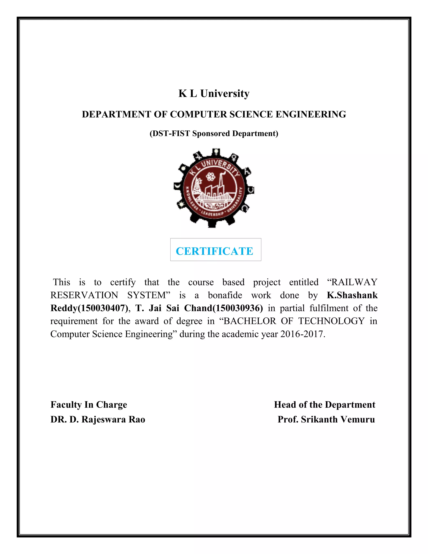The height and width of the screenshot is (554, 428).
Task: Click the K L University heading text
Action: pos(214,94)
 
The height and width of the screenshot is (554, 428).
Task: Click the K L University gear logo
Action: pos(214,188)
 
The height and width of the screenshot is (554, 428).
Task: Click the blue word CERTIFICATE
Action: pos(214,251)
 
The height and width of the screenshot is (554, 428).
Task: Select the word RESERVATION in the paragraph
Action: pos(84,295)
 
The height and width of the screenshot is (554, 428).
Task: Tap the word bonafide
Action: pos(225,295)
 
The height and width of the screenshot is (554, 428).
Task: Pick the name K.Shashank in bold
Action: pos(352,295)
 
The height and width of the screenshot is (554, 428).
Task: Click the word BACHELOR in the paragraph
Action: pos(250,321)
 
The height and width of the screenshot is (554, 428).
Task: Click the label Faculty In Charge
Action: pos(89,405)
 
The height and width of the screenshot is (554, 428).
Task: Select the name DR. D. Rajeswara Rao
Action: pos(98,419)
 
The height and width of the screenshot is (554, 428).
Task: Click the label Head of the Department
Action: pos(325,405)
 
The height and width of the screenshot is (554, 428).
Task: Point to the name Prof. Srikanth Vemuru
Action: pos(326,419)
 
